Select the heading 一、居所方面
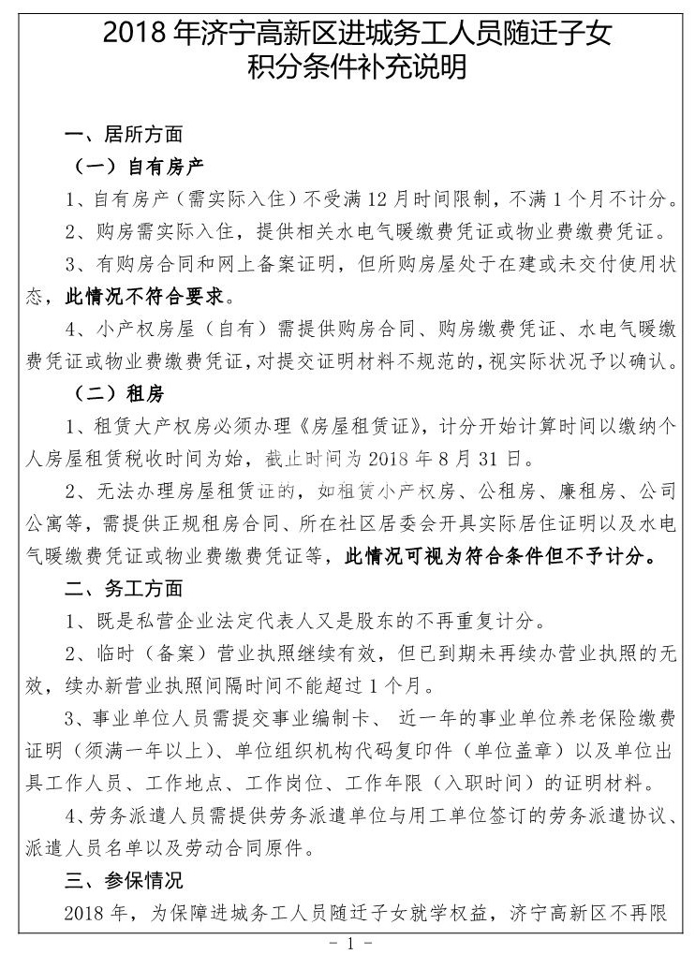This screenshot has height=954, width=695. [124, 134]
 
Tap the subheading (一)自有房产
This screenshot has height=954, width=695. [139, 167]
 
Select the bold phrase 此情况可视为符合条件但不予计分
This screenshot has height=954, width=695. [501, 557]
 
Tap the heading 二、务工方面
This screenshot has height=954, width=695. [124, 590]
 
